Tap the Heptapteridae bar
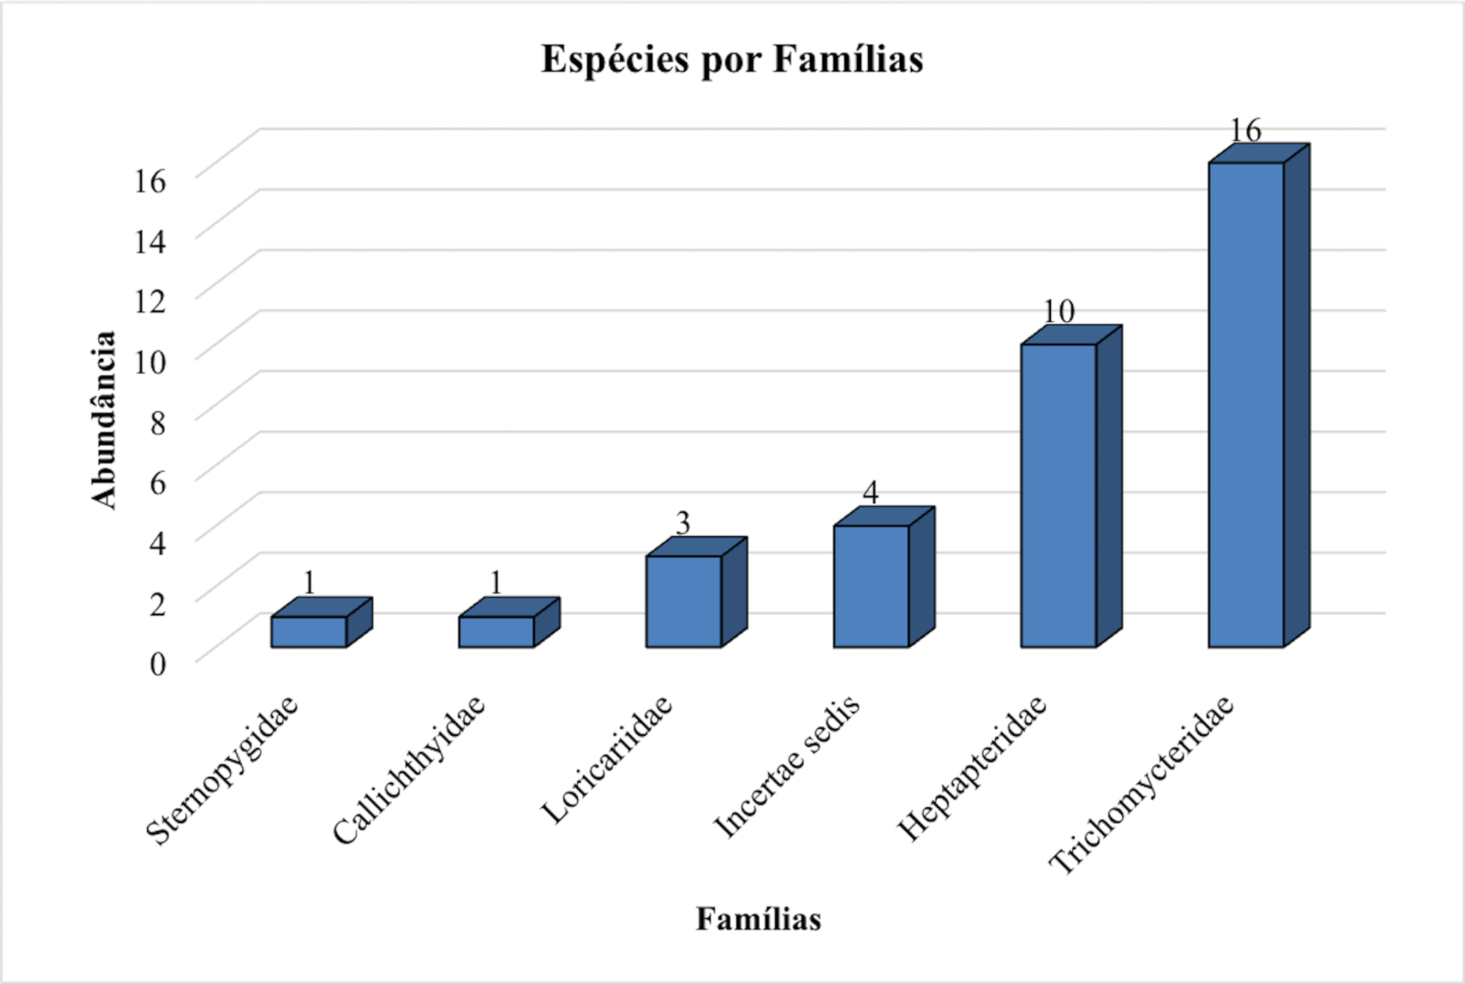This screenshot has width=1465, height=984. (x=1059, y=496)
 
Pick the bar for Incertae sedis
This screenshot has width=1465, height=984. (x=871, y=586)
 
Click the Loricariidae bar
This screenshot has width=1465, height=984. (x=684, y=601)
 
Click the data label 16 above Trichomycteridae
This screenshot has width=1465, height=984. (x=1245, y=130)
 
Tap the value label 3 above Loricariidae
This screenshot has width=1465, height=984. (x=683, y=523)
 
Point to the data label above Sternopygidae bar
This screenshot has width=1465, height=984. (x=309, y=583)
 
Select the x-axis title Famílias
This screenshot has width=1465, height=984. (x=758, y=919)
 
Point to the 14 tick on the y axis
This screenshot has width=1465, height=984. (x=151, y=242)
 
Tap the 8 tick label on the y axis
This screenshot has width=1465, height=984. (x=158, y=423)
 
